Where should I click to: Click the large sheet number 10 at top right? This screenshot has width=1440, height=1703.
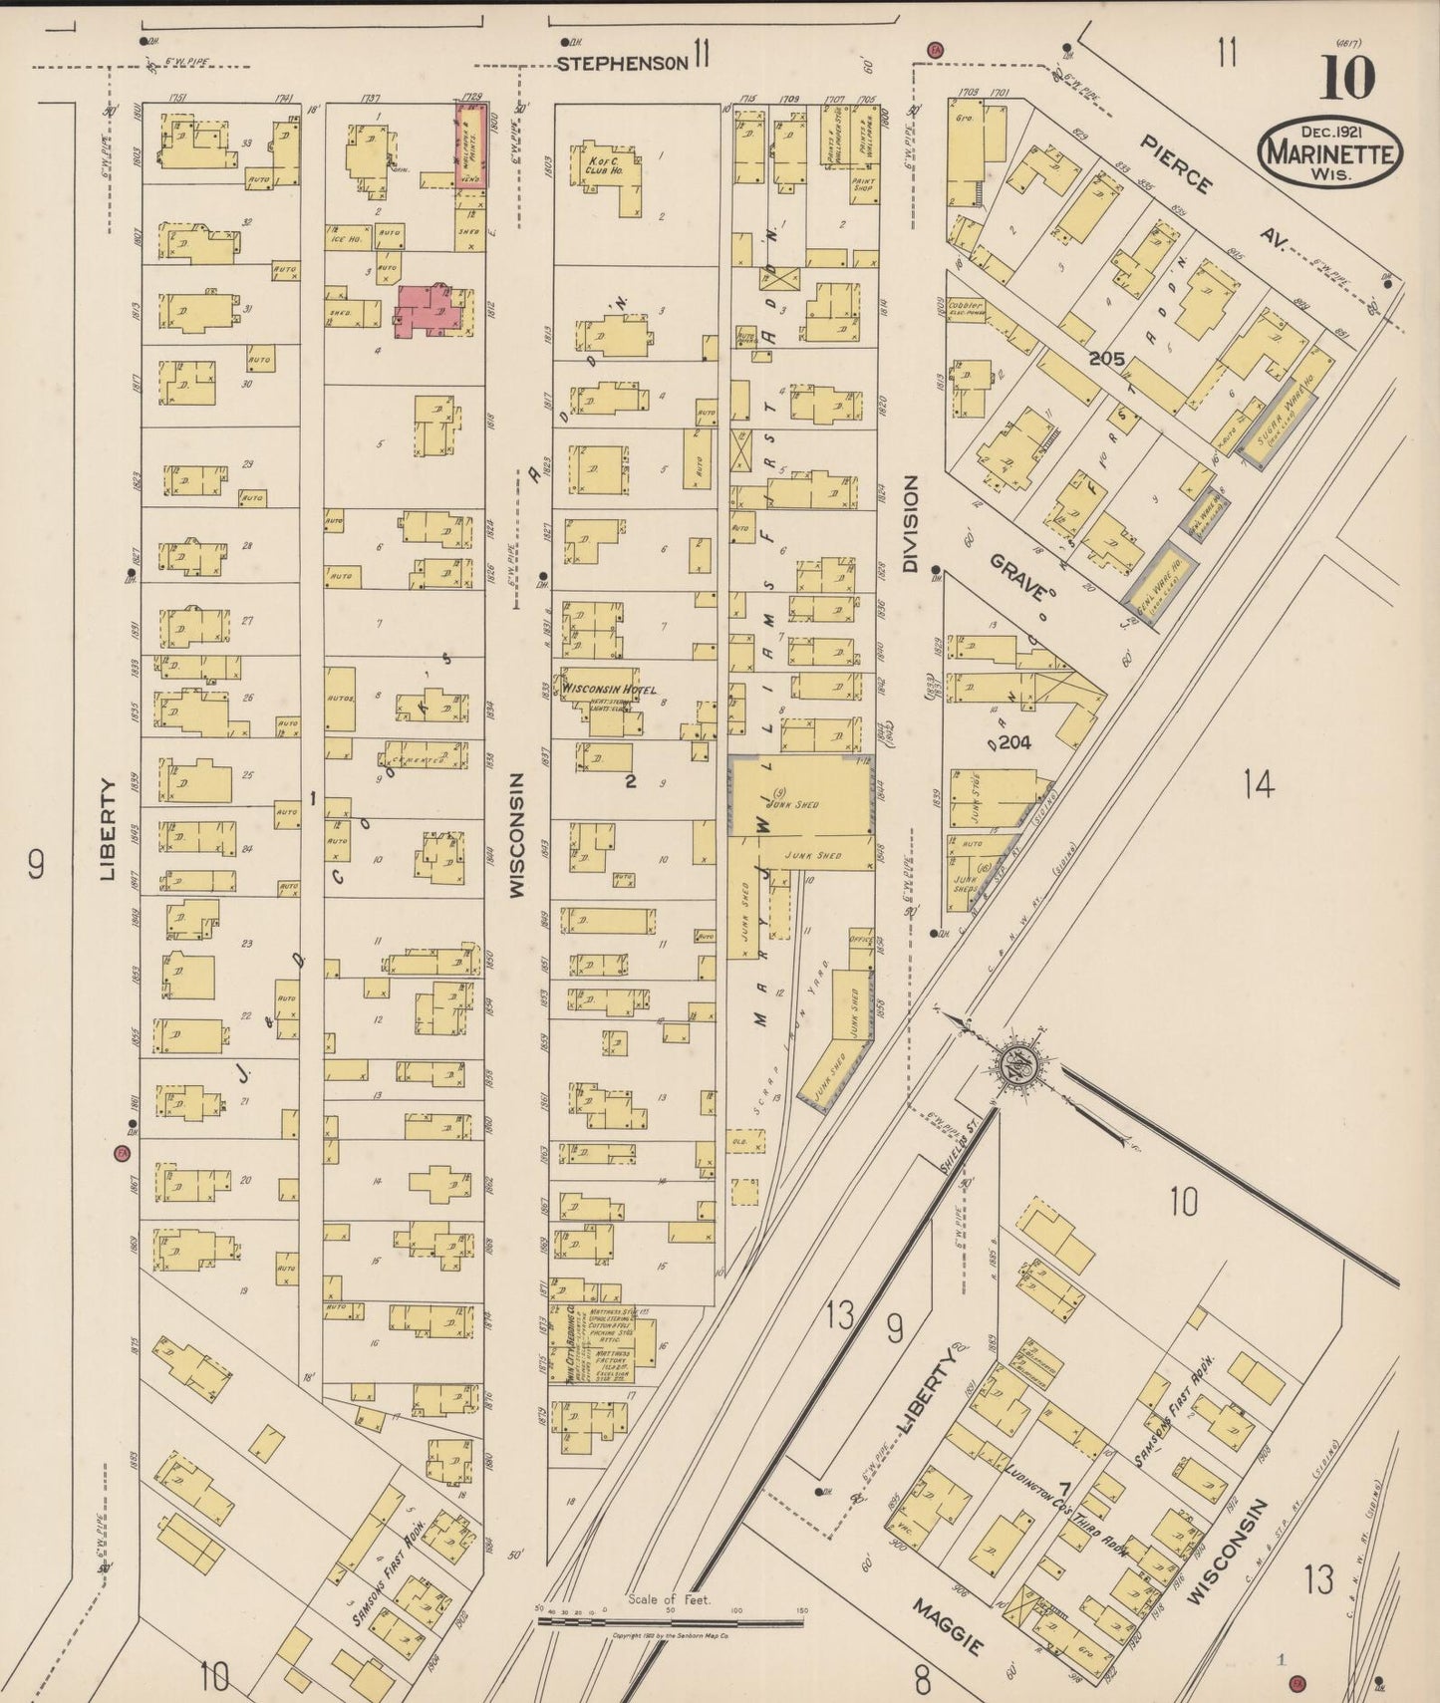1347,79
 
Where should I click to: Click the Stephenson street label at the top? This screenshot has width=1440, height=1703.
622,64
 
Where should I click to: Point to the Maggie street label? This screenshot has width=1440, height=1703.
947,1627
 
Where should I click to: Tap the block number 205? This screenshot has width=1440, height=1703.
1106,359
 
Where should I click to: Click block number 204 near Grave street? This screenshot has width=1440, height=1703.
1013,742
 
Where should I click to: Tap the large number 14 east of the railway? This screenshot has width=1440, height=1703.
1258,785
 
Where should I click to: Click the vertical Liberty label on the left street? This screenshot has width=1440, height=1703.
109,829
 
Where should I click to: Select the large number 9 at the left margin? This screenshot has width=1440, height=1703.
36,864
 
